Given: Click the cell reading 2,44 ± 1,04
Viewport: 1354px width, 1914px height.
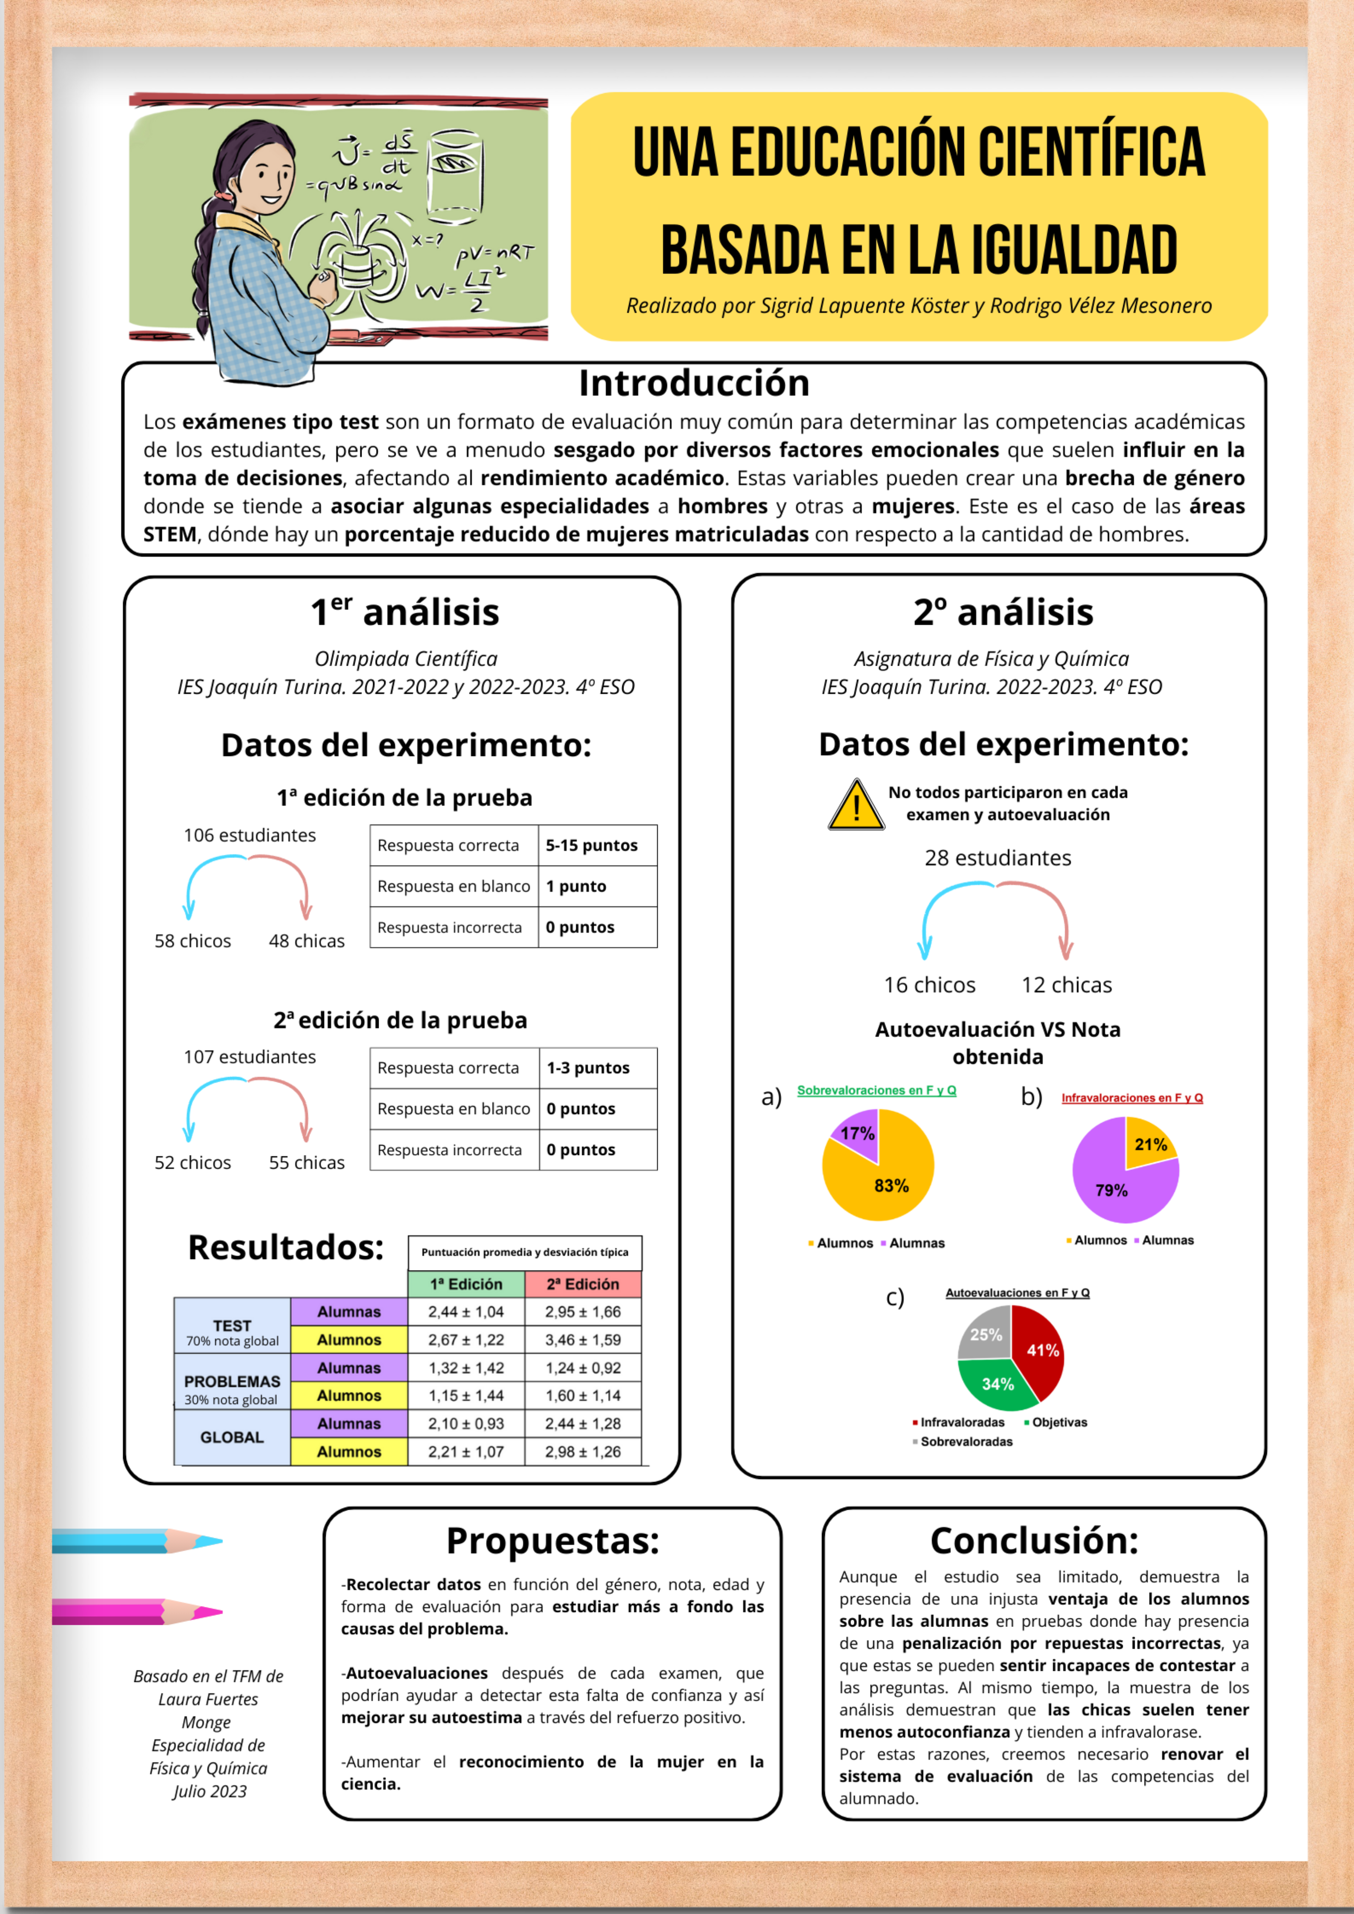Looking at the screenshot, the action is click(466, 1311).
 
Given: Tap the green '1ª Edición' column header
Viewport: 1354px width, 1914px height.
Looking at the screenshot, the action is click(466, 1284).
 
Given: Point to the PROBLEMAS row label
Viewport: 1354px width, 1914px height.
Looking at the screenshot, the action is click(232, 1381).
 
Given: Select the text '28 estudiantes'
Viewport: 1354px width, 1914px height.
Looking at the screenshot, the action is click(998, 858).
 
